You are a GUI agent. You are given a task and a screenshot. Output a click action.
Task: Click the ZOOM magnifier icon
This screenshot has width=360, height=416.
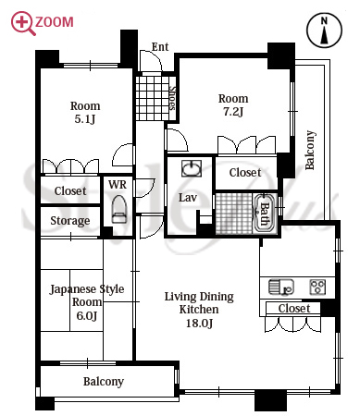click(x=21, y=22)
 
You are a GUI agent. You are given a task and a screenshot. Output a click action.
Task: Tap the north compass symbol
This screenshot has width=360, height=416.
click(x=324, y=31)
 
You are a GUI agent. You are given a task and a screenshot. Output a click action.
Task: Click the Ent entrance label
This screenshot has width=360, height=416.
click(x=160, y=47)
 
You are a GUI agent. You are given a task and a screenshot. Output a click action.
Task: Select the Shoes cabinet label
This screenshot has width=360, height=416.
click(x=172, y=98)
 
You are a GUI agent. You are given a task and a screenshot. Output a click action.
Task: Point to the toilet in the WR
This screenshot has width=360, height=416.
click(x=119, y=209)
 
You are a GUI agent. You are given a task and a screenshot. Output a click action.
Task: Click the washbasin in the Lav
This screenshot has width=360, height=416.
click(x=192, y=168)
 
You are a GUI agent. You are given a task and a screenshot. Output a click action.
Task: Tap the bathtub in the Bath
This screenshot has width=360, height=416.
click(x=264, y=214)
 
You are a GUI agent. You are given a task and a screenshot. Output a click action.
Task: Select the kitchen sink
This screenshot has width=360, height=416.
click(x=281, y=287)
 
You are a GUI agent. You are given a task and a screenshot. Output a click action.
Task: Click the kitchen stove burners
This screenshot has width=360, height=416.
click(x=317, y=287)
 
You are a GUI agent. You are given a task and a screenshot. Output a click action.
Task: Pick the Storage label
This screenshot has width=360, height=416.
click(x=70, y=221)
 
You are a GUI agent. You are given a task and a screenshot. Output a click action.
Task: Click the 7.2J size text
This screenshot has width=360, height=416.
click(x=233, y=112)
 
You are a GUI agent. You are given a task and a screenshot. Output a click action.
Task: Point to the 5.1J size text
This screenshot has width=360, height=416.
click(x=85, y=119)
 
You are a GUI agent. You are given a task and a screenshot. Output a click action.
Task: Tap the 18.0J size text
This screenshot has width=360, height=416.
click(x=199, y=323)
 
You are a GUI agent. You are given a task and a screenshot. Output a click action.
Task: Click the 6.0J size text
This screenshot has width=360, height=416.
click(x=87, y=315)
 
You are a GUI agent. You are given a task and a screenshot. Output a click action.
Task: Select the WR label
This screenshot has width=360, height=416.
click(x=118, y=185)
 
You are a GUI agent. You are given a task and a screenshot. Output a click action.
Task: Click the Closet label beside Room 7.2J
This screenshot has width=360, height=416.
click(x=245, y=173)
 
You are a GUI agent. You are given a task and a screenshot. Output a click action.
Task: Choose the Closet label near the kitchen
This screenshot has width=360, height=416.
click(x=294, y=308)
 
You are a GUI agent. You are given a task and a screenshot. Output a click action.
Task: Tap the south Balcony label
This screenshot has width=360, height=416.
click(x=104, y=382)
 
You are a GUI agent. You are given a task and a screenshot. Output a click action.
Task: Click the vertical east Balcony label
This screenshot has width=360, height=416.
click(x=310, y=150)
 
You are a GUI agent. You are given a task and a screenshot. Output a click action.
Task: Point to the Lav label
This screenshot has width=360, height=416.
click(x=188, y=198)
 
